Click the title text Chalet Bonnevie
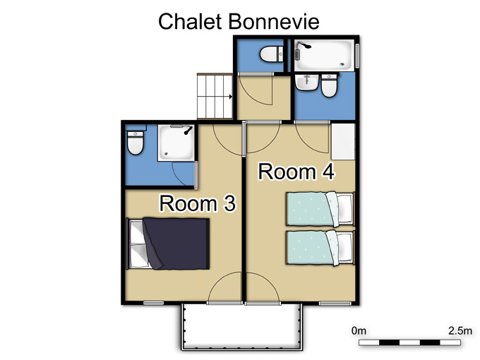tap(239, 21)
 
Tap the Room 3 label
tap(198, 203)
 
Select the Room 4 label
tap(296, 172)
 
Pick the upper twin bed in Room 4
tap(320, 209)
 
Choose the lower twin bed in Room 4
tap(320, 248)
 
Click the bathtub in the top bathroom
tap(325, 55)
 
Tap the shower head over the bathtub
tap(303, 46)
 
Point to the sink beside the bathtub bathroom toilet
tap(307, 83)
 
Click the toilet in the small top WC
tap(272, 54)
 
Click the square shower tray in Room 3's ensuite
tap(176, 143)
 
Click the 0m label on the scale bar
tap(359, 331)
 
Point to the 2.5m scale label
tap(460, 331)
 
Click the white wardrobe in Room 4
tap(343, 141)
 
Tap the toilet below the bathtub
tap(329, 85)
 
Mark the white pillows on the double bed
tap(136, 244)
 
